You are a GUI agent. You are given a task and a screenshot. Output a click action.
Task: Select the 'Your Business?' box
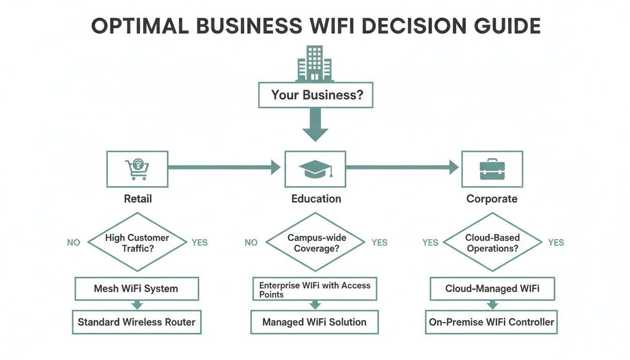(315, 95)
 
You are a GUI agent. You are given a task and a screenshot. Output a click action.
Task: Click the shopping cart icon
(137, 169)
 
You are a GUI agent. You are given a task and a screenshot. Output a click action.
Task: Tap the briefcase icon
(492, 169)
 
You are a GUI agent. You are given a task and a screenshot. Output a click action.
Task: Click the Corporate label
(492, 199)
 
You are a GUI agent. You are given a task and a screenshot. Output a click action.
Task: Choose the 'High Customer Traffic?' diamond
(137, 242)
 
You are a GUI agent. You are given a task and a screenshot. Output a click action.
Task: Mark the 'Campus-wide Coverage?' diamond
(315, 242)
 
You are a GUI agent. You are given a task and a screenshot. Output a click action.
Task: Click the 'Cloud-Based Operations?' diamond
(492, 242)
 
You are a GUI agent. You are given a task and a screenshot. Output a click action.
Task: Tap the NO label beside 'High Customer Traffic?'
(74, 243)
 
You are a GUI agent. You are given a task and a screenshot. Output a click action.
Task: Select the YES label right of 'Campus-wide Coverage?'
(379, 243)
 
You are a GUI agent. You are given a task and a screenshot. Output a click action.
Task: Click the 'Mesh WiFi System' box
(136, 289)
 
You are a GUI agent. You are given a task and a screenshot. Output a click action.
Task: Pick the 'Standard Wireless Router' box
(136, 322)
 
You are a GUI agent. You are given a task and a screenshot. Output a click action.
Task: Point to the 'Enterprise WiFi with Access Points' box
(315, 289)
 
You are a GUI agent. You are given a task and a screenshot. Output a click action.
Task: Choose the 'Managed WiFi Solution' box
(315, 322)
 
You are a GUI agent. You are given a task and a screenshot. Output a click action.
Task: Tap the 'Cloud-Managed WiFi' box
(492, 289)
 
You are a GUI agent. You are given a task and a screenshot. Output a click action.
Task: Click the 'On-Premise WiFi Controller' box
(491, 322)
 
